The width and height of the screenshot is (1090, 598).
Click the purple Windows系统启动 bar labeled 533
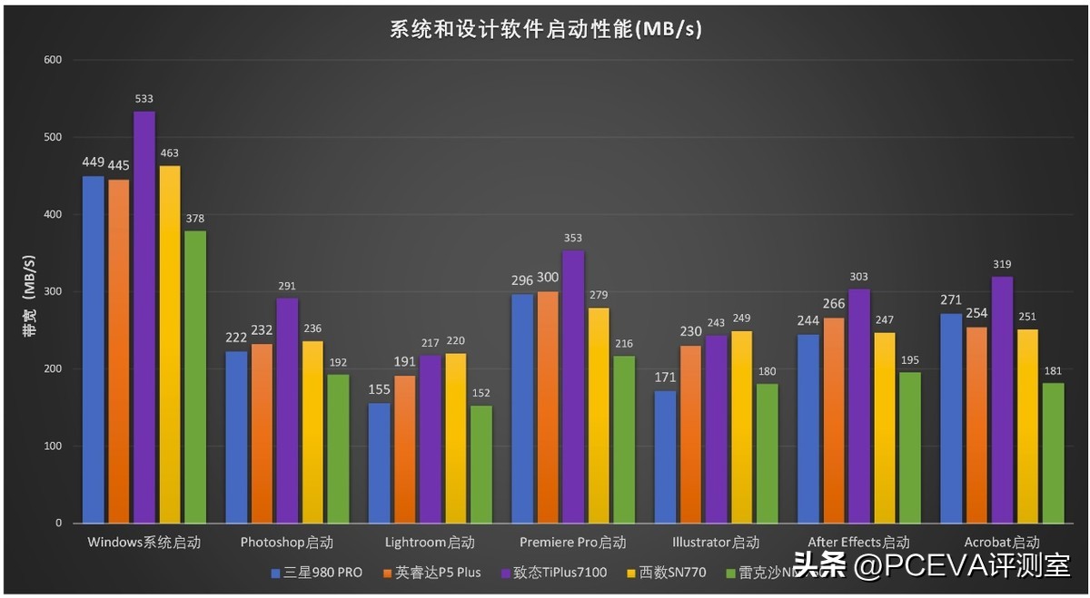[x=144, y=317]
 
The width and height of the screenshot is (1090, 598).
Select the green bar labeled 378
[x=195, y=377]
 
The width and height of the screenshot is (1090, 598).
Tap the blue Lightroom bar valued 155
[x=379, y=463]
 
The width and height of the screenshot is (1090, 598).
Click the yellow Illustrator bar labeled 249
[x=717, y=426]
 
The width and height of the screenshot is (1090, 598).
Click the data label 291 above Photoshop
[x=287, y=286]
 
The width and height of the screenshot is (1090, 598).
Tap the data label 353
[x=572, y=239]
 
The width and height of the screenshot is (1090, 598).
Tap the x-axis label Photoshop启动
[x=287, y=543]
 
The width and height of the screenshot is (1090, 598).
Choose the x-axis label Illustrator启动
[x=716, y=543]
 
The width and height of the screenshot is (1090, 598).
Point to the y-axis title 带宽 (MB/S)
[x=29, y=291]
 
